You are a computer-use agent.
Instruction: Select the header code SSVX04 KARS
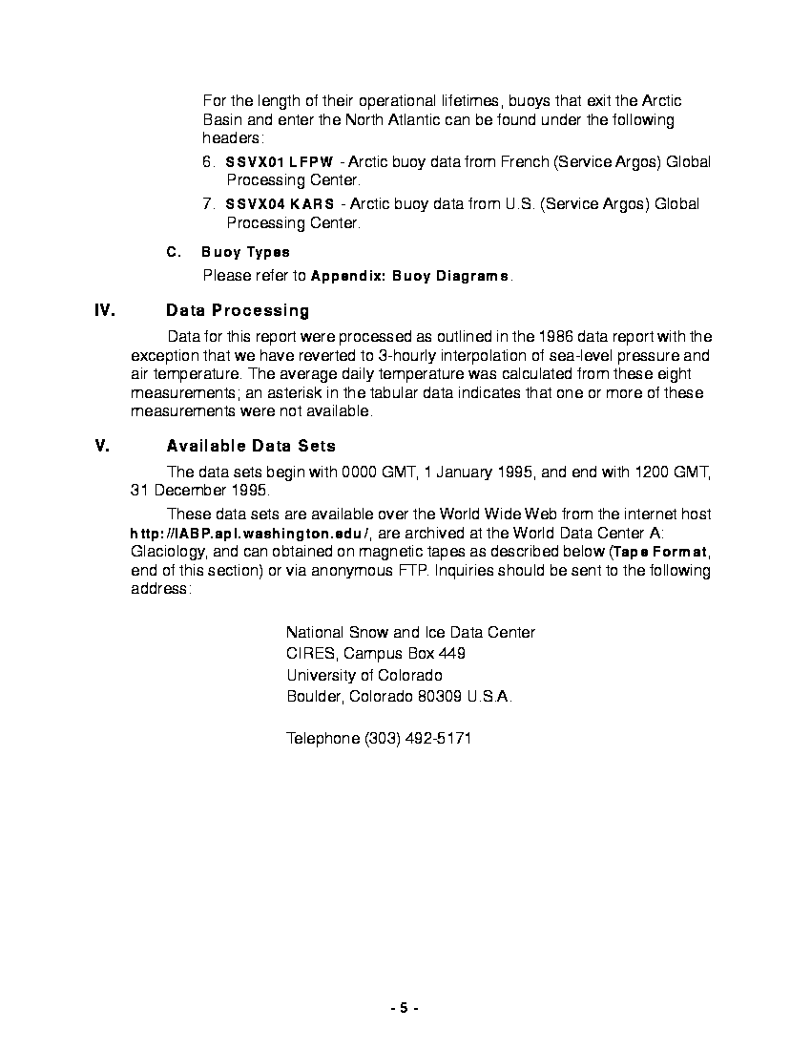point(281,204)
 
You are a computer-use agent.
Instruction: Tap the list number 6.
point(209,162)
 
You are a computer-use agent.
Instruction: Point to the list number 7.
point(209,204)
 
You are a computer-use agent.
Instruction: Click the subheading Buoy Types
point(245,252)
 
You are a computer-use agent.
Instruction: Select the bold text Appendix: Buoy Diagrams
point(410,276)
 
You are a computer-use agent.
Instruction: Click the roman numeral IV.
point(105,310)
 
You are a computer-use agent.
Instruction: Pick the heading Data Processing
point(238,310)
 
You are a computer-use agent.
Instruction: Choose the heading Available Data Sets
point(251,446)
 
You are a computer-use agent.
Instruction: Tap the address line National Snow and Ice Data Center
point(410,632)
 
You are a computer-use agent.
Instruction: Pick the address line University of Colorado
point(364,675)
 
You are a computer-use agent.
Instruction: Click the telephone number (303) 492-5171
point(417,739)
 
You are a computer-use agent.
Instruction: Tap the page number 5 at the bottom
point(404,1008)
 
